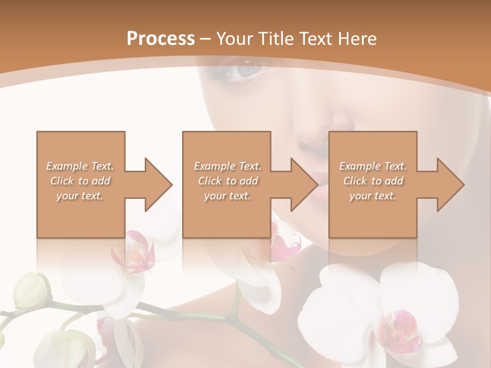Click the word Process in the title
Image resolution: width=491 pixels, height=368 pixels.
click(x=161, y=38)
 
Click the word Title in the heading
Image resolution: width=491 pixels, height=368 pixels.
click(x=274, y=38)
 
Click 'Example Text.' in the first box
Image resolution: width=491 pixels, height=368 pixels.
click(x=80, y=166)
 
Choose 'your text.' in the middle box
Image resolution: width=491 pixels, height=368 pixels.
click(x=227, y=196)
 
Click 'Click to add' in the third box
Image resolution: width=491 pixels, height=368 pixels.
click(x=373, y=181)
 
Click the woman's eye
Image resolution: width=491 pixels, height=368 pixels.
click(x=244, y=71)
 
